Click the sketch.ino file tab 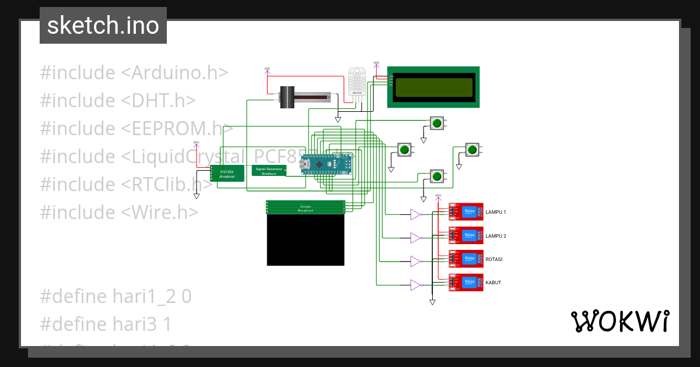103,26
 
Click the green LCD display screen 433,87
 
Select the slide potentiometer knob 287,97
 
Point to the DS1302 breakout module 227,174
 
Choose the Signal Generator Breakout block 269,171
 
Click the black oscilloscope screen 306,239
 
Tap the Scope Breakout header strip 306,207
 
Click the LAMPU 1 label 496,213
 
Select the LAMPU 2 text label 496,236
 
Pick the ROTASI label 494,259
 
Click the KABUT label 494,283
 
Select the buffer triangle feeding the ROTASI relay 415,262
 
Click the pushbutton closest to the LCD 436,123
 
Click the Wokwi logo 619,321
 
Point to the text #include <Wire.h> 119,212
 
